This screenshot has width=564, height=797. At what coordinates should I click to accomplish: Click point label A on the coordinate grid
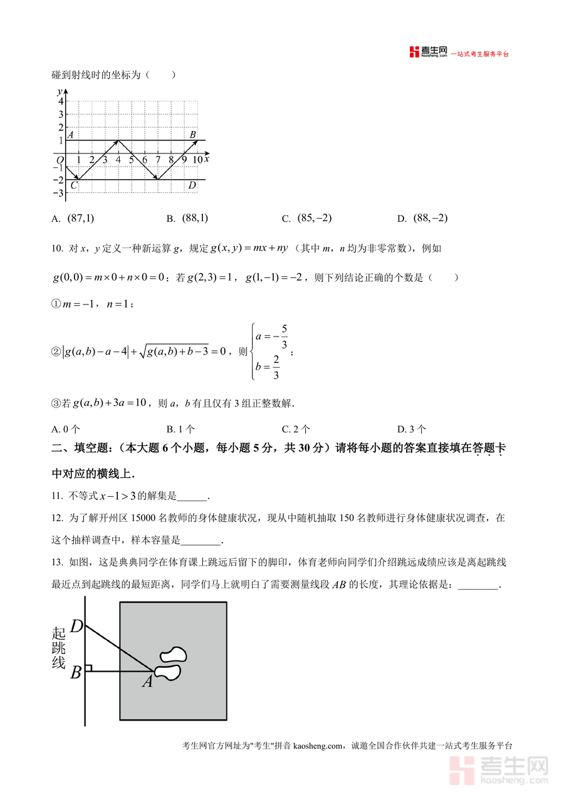pyautogui.click(x=70, y=135)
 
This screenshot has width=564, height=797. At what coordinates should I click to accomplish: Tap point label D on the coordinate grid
pyautogui.click(x=192, y=185)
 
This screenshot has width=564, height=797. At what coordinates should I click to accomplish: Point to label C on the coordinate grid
pyautogui.click(x=74, y=185)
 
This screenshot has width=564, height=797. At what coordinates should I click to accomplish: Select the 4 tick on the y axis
pyautogui.click(x=61, y=102)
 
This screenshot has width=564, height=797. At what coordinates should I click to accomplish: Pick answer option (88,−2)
pyautogui.click(x=431, y=218)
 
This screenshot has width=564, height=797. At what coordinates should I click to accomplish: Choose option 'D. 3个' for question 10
pyautogui.click(x=412, y=429)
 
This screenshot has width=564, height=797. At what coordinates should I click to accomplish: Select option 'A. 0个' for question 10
pyautogui.click(x=66, y=429)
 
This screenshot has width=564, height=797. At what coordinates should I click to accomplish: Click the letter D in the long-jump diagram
pyautogui.click(x=76, y=626)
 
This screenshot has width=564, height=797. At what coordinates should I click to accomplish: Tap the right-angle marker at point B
pyautogui.click(x=89, y=669)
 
